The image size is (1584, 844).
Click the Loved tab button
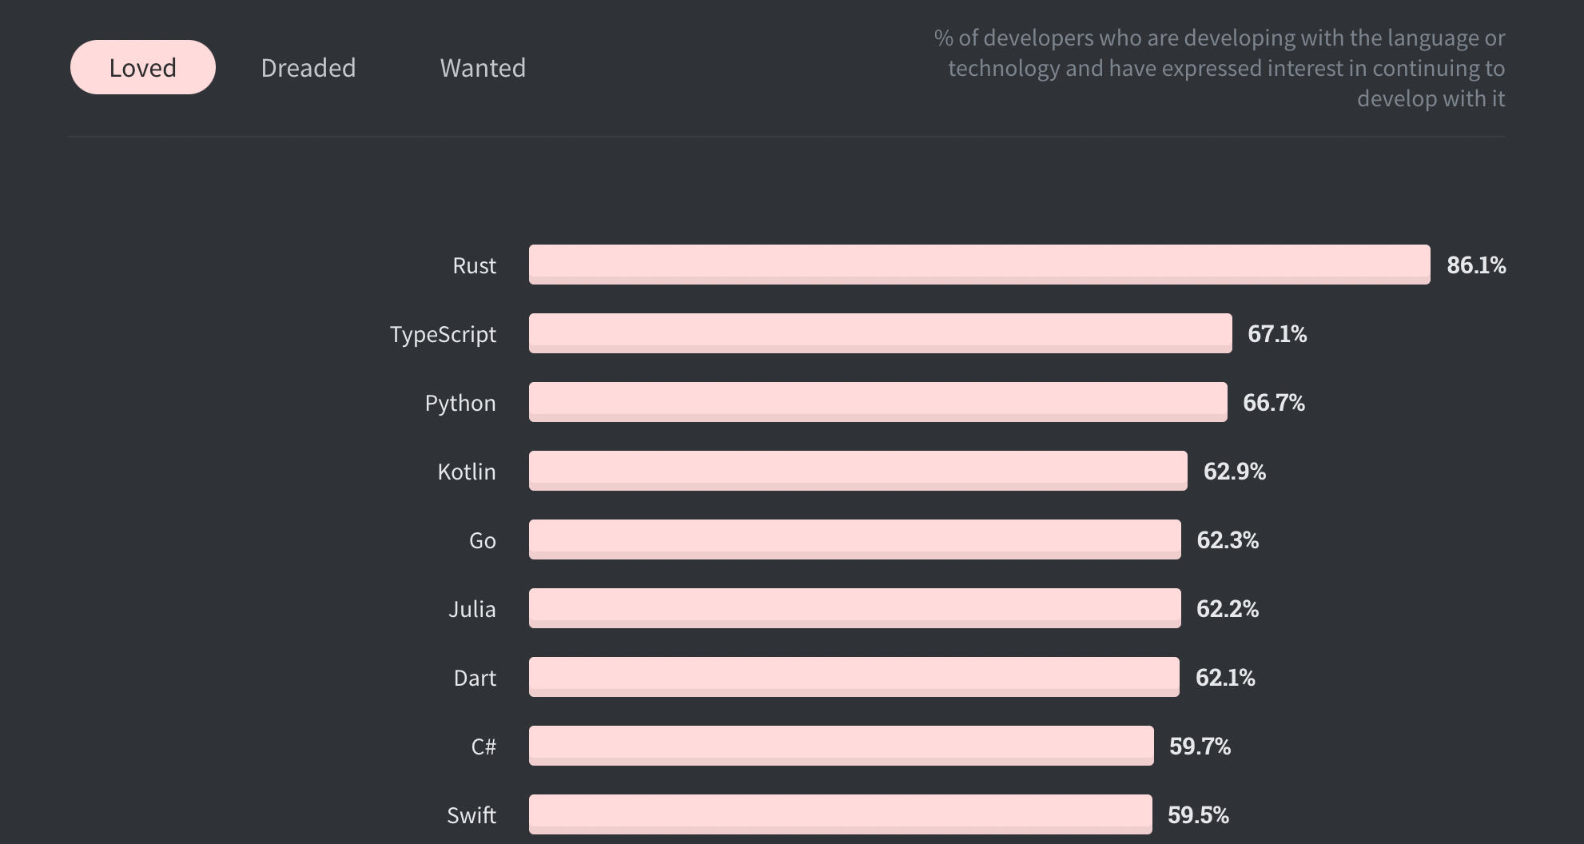(x=143, y=68)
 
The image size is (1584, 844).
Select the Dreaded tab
(x=308, y=68)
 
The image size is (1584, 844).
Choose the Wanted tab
(x=483, y=68)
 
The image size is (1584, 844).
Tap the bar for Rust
(x=979, y=265)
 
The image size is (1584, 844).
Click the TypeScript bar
(x=880, y=333)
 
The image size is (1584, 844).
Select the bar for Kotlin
(x=858, y=471)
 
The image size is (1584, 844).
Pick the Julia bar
(x=854, y=608)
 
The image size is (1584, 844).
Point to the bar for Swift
(x=840, y=814)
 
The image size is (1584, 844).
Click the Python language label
(x=460, y=403)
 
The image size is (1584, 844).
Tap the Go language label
(x=483, y=541)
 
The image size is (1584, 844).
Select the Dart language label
(x=475, y=679)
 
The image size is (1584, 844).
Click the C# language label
(x=484, y=746)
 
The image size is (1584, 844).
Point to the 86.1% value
(x=1476, y=265)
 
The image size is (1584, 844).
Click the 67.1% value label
(x=1277, y=334)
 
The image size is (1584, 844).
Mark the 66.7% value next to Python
(x=1273, y=403)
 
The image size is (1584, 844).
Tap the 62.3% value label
(x=1227, y=540)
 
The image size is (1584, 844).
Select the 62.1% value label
(x=1224, y=678)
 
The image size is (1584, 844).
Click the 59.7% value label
(x=1200, y=746)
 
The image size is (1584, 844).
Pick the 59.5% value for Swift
(x=1198, y=815)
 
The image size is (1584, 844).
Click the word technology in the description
(x=1003, y=69)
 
